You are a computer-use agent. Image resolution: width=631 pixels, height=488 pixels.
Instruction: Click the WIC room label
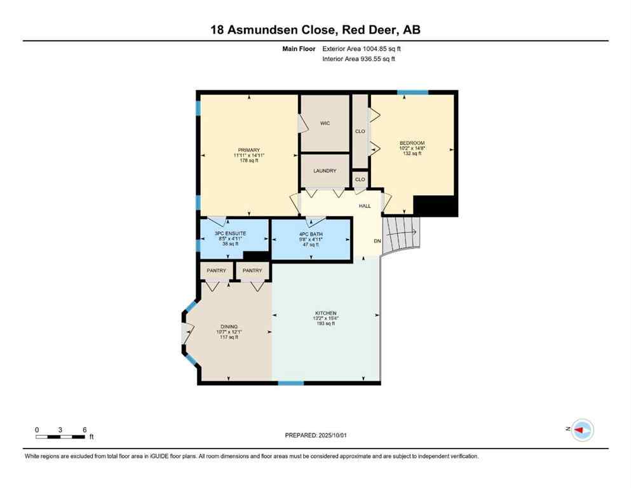325,123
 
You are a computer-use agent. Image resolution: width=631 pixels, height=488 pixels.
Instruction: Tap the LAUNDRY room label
325,171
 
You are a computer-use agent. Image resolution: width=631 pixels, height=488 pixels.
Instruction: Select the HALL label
365,206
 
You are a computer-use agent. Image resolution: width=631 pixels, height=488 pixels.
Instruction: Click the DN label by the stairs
377,241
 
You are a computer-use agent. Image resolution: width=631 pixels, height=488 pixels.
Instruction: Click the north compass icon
581,430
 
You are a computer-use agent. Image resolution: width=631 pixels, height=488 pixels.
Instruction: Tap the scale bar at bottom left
60,437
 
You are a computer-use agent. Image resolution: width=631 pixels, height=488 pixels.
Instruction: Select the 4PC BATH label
311,234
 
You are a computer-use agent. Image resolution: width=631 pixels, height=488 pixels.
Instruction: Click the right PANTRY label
252,271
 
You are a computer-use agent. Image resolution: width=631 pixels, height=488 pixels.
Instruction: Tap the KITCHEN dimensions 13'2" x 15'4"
325,318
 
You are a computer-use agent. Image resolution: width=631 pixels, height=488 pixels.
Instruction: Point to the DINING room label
229,327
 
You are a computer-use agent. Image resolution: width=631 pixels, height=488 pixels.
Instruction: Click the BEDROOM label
412,143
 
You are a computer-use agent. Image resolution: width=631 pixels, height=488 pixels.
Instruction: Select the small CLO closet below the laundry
360,180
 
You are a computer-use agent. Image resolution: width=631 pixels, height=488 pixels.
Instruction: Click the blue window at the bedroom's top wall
412,93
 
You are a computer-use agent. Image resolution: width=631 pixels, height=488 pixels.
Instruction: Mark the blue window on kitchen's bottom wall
291,383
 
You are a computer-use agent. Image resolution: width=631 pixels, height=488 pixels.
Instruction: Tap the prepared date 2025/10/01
334,435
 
